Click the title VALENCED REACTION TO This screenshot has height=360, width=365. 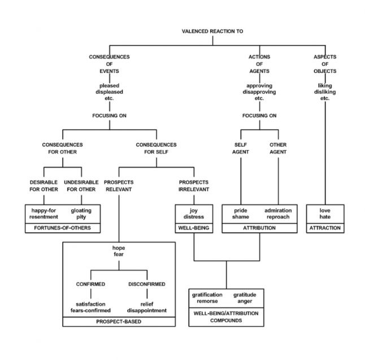[213, 31]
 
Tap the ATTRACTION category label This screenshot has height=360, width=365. [325, 228]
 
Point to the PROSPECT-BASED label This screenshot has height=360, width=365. [119, 322]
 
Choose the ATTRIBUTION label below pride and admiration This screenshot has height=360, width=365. [259, 228]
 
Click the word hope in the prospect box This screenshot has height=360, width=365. [119, 247]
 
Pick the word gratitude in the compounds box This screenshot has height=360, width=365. [245, 295]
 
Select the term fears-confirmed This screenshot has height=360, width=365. [90, 310]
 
